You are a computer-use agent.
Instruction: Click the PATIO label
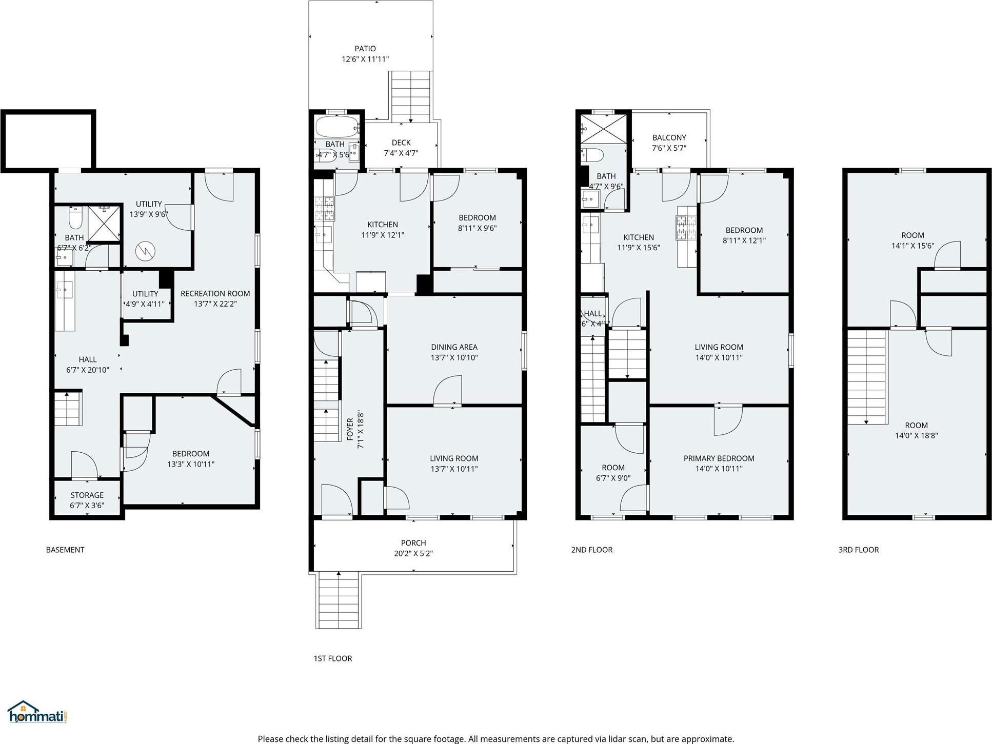click(365, 49)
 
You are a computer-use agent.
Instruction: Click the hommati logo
click(37, 713)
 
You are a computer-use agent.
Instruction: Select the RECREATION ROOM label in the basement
click(215, 293)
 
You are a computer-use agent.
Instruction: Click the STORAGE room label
click(87, 495)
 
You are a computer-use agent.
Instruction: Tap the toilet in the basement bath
click(75, 219)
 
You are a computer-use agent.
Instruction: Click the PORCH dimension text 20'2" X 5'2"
click(413, 553)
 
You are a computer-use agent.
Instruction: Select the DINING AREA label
click(454, 347)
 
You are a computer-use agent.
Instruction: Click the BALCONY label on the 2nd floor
click(669, 137)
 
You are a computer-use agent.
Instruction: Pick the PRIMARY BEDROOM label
click(719, 458)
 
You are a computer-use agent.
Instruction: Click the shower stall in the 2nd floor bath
click(603, 129)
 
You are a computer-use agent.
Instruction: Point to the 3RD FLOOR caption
click(858, 550)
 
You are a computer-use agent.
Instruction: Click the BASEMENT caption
click(65, 550)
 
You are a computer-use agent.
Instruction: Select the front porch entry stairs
click(338, 600)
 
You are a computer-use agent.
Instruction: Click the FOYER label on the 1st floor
click(350, 429)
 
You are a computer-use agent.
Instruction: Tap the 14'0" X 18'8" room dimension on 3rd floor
click(916, 436)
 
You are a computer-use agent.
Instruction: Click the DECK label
click(401, 143)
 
